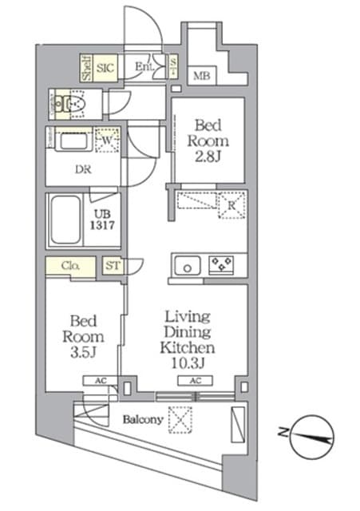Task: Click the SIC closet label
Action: point(105,68)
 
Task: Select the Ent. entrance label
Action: point(144,66)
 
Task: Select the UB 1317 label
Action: point(107,220)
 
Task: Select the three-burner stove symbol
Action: point(221,265)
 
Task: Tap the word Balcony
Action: point(143,419)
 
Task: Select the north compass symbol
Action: point(311,436)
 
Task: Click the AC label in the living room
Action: point(195,382)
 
